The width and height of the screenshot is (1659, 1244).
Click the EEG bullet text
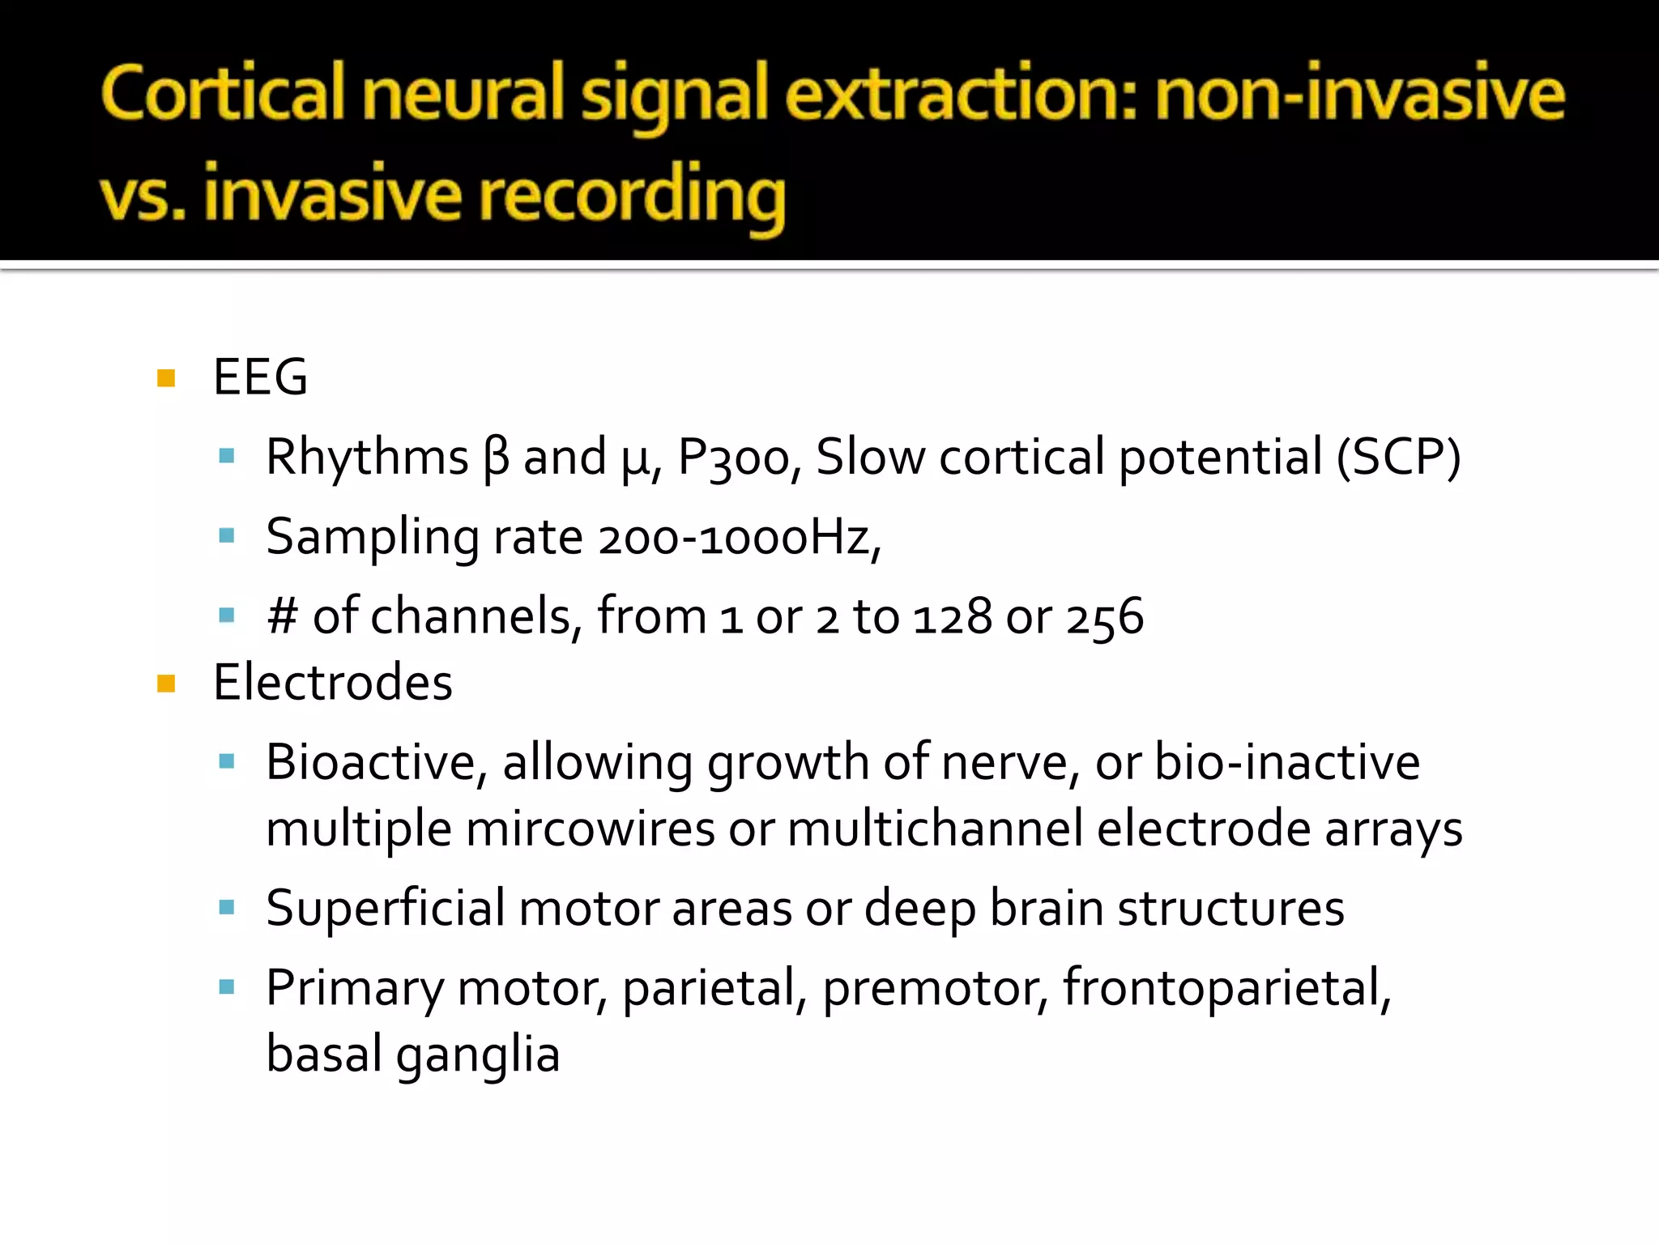260,377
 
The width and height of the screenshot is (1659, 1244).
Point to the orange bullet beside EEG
167,378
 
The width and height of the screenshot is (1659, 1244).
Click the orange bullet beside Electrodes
167,684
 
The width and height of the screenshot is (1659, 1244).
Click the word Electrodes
332,683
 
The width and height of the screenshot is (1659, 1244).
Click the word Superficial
386,909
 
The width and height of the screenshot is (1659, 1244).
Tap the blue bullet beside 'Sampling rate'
227,536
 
